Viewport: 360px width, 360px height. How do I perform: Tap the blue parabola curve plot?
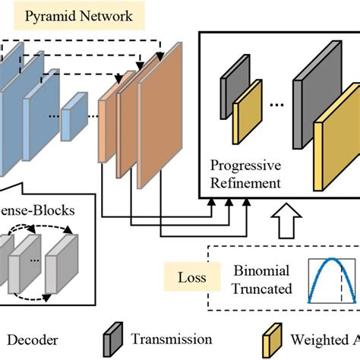point(330,278)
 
